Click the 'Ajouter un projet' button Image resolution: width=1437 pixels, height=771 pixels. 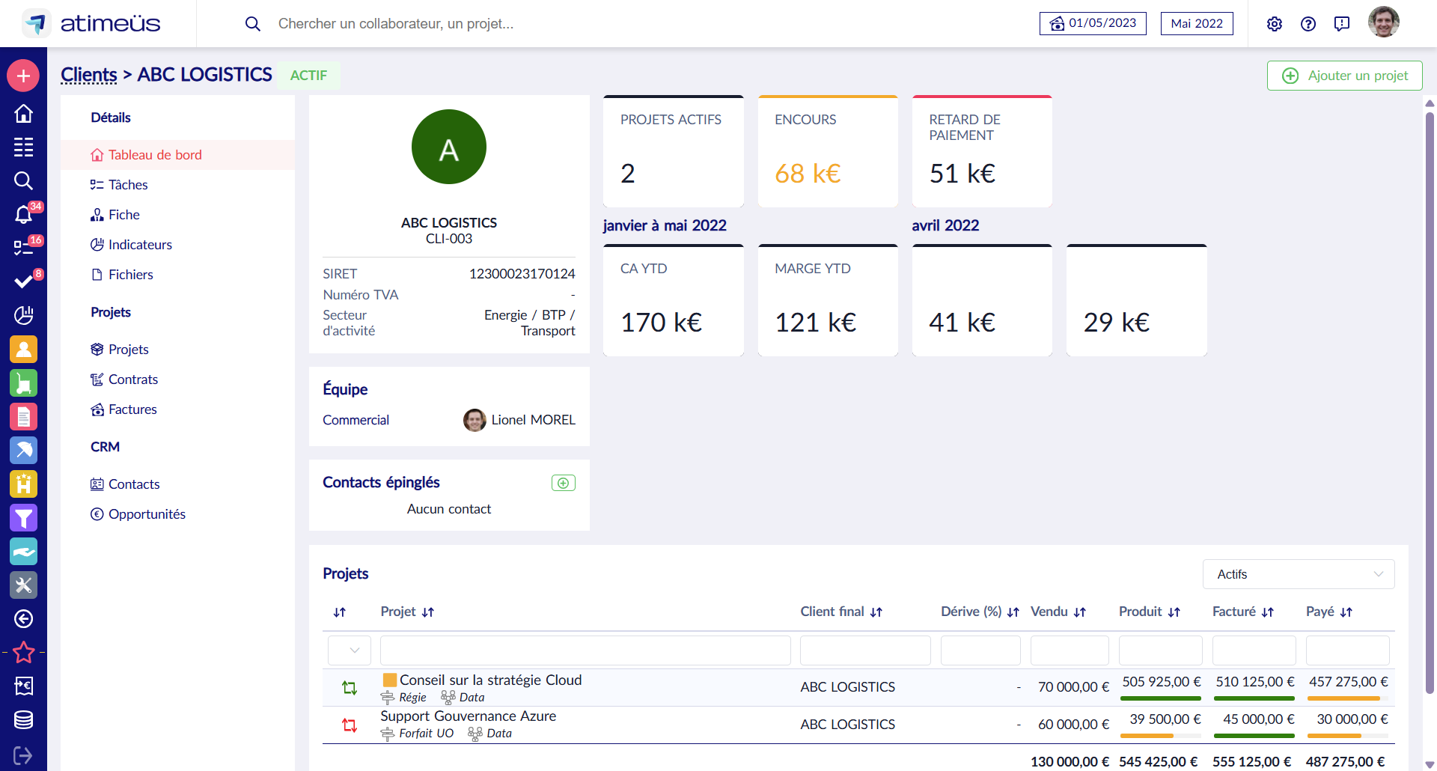click(1344, 76)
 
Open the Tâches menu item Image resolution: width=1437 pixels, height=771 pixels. click(127, 185)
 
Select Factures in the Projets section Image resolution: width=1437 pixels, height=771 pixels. click(132, 409)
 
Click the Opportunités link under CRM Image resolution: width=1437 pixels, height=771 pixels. click(146, 514)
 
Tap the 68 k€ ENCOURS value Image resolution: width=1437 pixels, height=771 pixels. click(808, 174)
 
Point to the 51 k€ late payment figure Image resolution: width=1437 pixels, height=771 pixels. click(962, 174)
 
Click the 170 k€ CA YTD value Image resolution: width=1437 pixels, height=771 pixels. click(661, 323)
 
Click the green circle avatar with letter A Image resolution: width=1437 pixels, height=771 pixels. click(448, 147)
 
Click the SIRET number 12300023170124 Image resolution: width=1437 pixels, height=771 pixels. click(522, 274)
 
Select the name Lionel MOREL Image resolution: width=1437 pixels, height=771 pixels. click(533, 420)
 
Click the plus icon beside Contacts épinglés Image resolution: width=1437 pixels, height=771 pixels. click(563, 483)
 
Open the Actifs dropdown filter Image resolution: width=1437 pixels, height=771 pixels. click(1298, 574)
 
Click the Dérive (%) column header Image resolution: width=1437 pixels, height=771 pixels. click(971, 612)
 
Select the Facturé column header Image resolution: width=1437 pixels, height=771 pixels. click(1234, 612)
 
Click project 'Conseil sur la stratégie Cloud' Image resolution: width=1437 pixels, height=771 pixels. click(490, 680)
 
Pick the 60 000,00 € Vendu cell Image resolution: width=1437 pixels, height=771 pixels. click(1073, 725)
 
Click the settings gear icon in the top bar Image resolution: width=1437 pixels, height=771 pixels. click(1274, 24)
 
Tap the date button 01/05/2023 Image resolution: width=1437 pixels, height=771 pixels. click(1093, 23)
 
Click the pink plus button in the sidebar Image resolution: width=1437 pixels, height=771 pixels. click(23, 76)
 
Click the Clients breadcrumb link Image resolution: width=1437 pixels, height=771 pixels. click(88, 75)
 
